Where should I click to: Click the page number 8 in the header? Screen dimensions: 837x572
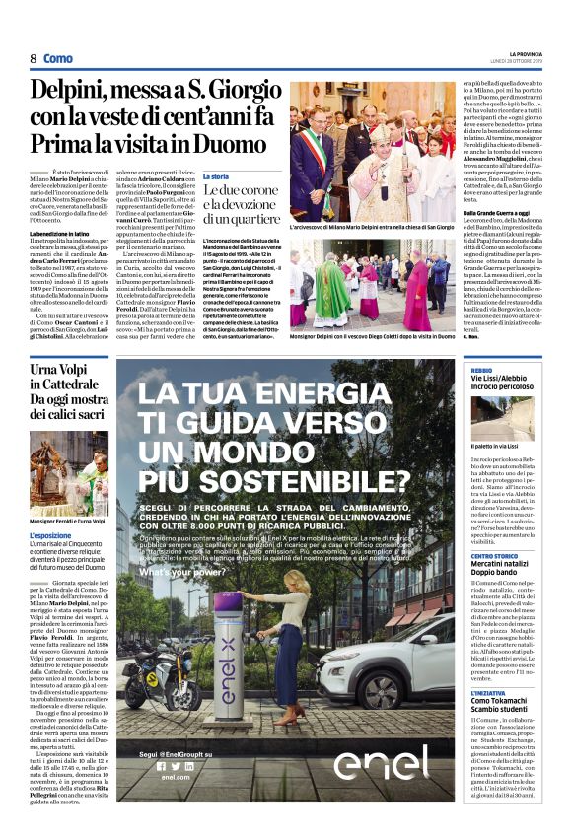coord(33,59)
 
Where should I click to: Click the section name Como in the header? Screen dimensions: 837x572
coord(58,59)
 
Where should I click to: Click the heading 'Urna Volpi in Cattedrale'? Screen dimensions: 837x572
coord(69,381)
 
